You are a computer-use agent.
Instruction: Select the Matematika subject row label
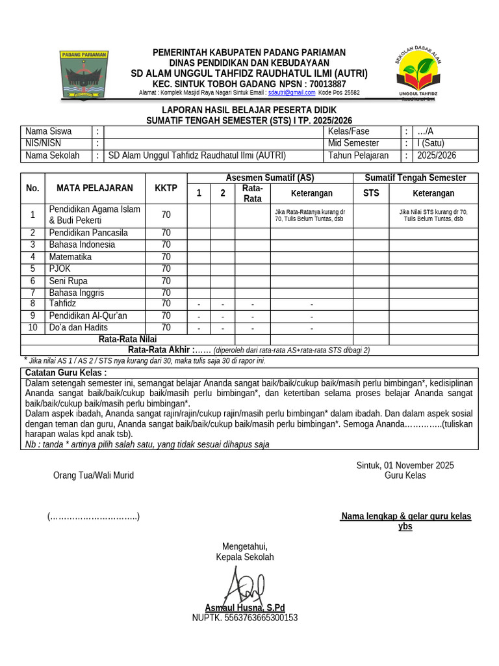point(70,257)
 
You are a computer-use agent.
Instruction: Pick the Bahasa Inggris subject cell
point(76,293)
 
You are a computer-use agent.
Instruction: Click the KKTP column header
point(166,189)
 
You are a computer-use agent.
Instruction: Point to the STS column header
point(370,193)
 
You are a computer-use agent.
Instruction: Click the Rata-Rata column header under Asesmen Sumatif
point(252,193)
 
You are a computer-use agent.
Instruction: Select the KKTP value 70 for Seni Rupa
point(166,281)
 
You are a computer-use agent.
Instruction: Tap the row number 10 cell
point(32,328)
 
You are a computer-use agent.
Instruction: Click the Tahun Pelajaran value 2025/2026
point(436,155)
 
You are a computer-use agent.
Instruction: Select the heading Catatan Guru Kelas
point(66,373)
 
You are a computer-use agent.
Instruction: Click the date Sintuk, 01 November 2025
point(405,465)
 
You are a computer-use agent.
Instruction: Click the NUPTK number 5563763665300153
point(244,617)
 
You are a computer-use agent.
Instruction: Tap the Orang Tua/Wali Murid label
point(93,475)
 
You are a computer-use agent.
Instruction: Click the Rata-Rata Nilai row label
point(127,339)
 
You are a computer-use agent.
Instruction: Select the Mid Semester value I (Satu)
point(431,143)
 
